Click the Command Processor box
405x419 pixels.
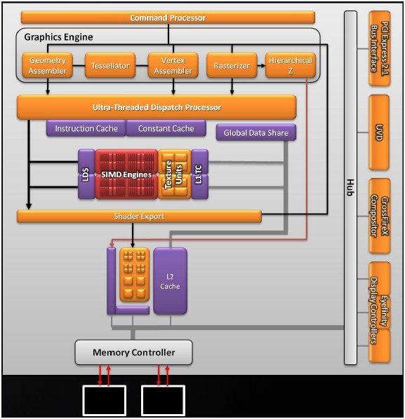coord(168,18)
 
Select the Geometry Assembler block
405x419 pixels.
coord(48,65)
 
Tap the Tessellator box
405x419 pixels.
coord(110,65)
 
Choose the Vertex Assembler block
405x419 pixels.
coord(173,65)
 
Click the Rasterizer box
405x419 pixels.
coord(232,65)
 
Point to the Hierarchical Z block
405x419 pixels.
coord(291,65)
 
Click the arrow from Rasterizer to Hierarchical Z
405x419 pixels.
coord(261,65)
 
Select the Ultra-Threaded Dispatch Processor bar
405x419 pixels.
coord(157,107)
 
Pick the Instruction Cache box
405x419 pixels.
coord(86,128)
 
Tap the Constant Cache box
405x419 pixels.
coord(166,128)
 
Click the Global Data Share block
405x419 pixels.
coord(256,132)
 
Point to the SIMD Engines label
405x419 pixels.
coord(126,174)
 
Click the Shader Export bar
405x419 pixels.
coord(139,217)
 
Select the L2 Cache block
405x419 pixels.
coord(170,281)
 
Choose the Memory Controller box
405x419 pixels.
coord(133,352)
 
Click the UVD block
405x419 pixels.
coord(379,132)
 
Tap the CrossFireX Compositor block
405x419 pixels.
coord(379,216)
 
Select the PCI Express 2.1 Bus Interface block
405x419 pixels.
coord(379,48)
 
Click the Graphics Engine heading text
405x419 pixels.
coord(59,37)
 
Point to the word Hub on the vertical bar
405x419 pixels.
coord(350,187)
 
